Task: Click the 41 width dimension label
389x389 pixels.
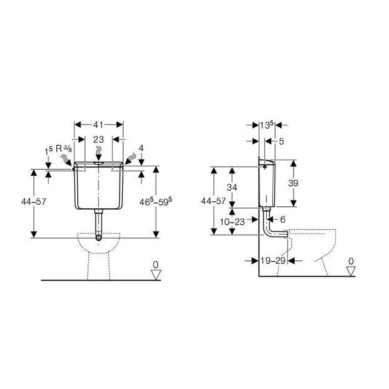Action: pyautogui.click(x=98, y=124)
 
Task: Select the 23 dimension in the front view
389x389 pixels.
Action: pyautogui.click(x=98, y=140)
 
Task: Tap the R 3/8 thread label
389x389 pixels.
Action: pyautogui.click(x=64, y=149)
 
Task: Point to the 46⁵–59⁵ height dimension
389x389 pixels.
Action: pyautogui.click(x=156, y=201)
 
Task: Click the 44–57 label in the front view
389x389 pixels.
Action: pyautogui.click(x=34, y=201)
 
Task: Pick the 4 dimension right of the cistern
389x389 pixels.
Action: pyautogui.click(x=141, y=148)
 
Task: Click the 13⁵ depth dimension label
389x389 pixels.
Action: pyautogui.click(x=267, y=125)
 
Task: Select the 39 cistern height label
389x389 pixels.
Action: pyautogui.click(x=293, y=183)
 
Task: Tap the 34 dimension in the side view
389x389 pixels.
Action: pyautogui.click(x=232, y=187)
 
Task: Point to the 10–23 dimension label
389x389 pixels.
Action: pyautogui.click(x=232, y=222)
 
